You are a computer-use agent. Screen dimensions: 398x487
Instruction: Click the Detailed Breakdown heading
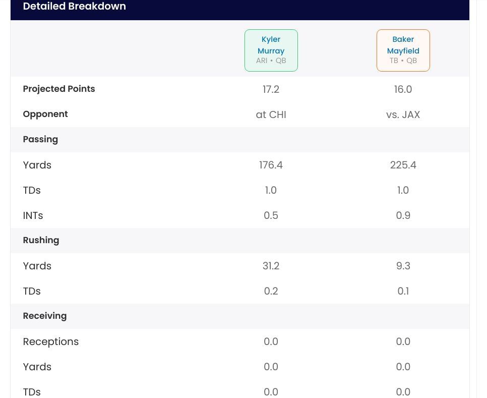tap(74, 7)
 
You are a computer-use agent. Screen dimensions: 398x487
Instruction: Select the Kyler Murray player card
tap(271, 50)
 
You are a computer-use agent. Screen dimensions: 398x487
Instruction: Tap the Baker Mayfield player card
tap(403, 50)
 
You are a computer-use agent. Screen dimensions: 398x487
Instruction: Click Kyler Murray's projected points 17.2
tap(271, 89)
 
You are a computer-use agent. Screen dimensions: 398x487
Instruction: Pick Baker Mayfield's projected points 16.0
tap(403, 89)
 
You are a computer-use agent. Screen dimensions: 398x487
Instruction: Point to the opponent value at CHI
tap(271, 115)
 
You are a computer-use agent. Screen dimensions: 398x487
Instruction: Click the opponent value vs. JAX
tap(403, 115)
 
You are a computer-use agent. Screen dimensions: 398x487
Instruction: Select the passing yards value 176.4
tap(271, 165)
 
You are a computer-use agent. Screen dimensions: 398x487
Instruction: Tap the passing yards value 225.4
tap(403, 165)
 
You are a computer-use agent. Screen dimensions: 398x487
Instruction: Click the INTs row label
tap(33, 215)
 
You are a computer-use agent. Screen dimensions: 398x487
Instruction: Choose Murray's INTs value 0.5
tap(271, 215)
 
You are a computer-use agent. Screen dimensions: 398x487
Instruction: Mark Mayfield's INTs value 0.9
tap(403, 215)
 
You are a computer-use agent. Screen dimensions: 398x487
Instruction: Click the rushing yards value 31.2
tap(271, 266)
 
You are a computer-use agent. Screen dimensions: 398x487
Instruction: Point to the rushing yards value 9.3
tap(403, 266)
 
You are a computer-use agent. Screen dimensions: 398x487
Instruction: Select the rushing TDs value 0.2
tap(271, 291)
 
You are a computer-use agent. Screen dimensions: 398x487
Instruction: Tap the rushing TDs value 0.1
tap(403, 291)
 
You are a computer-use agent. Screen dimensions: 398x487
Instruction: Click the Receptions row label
tap(50, 342)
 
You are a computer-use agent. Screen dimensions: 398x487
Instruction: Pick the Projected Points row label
tap(58, 89)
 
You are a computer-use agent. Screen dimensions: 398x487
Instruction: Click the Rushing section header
tap(41, 240)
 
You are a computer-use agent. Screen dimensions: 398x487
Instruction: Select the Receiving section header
tap(44, 316)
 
